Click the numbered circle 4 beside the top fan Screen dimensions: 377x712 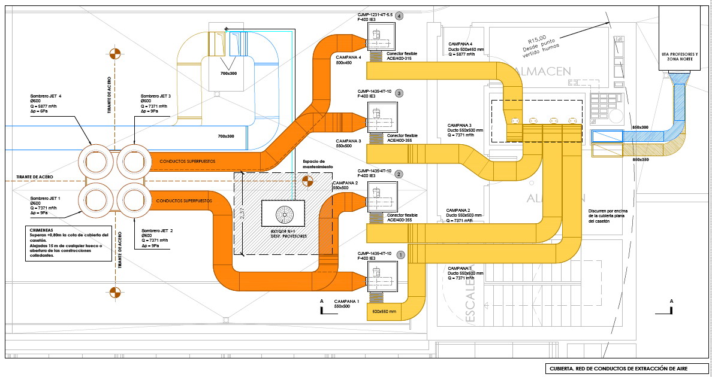pyautogui.click(x=400, y=16)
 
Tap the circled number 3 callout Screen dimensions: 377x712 pyautogui.click(x=400, y=93)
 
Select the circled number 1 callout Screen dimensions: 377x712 pyautogui.click(x=401, y=254)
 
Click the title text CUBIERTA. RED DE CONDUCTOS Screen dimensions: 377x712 pyautogui.click(x=626, y=369)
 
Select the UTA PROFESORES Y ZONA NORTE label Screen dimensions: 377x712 pyautogui.click(x=683, y=56)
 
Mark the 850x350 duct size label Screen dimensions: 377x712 pyautogui.click(x=640, y=160)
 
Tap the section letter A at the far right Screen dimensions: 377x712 pyautogui.click(x=671, y=301)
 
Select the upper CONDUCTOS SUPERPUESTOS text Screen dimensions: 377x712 pyautogui.click(x=187, y=162)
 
